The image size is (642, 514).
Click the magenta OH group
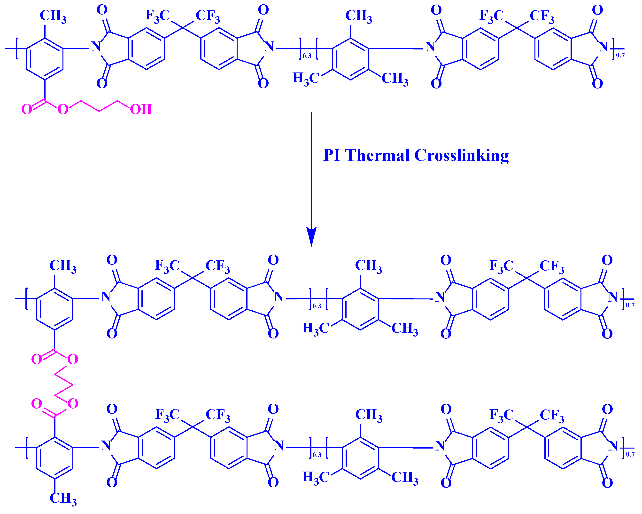(x=141, y=109)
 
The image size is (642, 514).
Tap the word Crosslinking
(x=461, y=155)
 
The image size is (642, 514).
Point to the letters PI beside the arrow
(x=332, y=155)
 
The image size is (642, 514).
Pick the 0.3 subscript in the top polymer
(x=307, y=56)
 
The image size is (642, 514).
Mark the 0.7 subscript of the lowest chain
(x=630, y=454)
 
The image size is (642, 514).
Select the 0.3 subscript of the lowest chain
(x=317, y=455)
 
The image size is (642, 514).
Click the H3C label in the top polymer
(x=306, y=78)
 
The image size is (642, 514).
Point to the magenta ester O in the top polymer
(x=63, y=109)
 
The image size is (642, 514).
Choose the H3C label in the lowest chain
(x=316, y=477)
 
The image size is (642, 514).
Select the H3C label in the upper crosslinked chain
(x=316, y=328)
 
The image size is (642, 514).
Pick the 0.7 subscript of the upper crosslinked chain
(x=630, y=305)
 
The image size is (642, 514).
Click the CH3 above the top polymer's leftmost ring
(x=53, y=16)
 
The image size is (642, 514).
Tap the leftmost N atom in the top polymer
(x=96, y=47)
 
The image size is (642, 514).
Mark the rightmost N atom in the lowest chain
(x=613, y=446)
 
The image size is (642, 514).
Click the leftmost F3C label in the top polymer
(x=157, y=16)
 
